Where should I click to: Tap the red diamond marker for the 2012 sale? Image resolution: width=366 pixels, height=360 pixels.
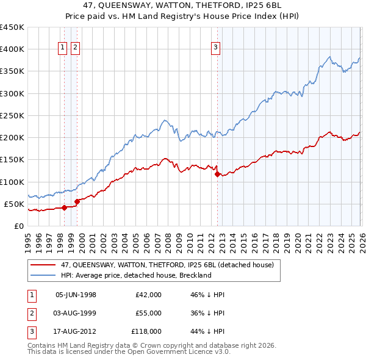click(x=217, y=174)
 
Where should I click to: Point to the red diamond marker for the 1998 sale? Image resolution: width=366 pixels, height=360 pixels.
click(x=64, y=207)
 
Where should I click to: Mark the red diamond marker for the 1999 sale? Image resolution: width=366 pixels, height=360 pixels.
click(x=77, y=201)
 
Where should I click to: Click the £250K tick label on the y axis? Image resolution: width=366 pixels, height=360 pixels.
click(x=12, y=115)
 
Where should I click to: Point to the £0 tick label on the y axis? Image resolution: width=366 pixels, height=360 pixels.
click(x=19, y=226)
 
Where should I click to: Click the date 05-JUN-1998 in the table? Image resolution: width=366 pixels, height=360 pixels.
click(x=76, y=294)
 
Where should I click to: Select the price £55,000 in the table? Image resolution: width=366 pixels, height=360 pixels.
click(x=148, y=313)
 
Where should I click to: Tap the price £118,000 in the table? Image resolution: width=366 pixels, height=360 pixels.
click(x=146, y=332)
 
